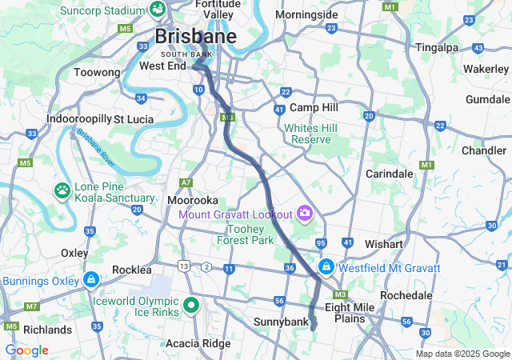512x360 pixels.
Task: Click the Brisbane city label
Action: [195, 37]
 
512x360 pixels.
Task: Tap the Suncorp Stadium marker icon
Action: [158, 10]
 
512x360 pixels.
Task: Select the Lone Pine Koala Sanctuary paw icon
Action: [62, 190]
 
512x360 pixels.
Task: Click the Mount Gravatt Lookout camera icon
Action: [304, 213]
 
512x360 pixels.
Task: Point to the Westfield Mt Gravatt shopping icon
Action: [326, 266]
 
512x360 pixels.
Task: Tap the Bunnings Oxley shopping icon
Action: [90, 281]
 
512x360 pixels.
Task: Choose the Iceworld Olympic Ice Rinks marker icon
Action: [191, 305]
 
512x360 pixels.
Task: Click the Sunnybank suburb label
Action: [276, 322]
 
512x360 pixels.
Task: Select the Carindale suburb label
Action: [389, 174]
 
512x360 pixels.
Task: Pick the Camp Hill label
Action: [314, 107]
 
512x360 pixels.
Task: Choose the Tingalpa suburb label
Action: [437, 47]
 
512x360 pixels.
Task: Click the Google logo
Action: [26, 350]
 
